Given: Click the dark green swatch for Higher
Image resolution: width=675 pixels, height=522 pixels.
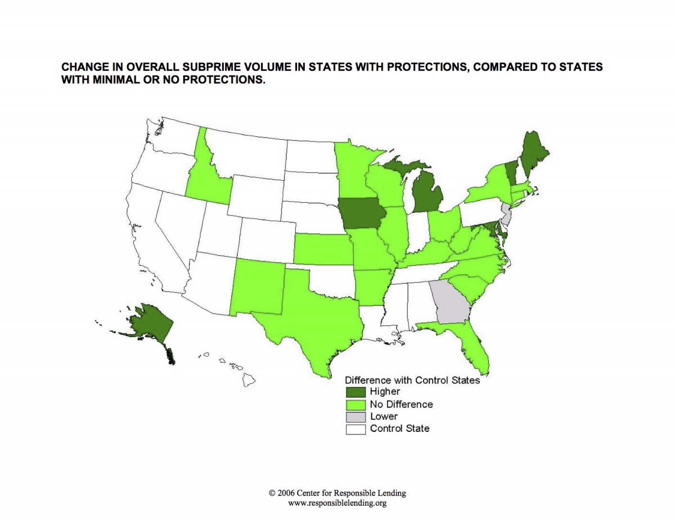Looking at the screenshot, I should click(355, 391).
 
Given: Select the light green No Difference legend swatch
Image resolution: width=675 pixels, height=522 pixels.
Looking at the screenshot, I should click(355, 404).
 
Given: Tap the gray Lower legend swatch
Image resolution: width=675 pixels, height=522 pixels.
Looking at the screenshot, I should click(355, 417).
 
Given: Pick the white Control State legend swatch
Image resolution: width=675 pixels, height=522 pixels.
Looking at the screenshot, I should click(355, 429).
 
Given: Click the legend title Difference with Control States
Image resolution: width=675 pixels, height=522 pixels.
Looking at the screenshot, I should click(412, 380).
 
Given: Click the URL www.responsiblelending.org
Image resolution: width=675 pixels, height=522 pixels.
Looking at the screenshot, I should click(337, 503).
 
